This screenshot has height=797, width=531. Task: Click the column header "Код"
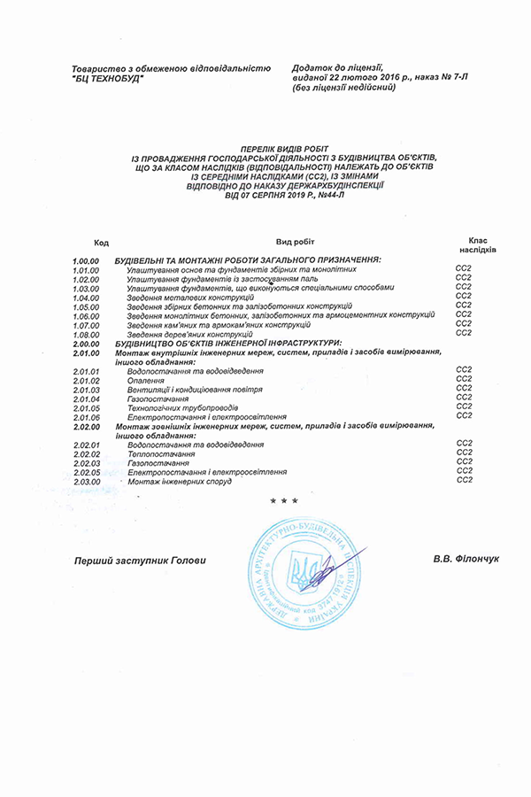(x=102, y=242)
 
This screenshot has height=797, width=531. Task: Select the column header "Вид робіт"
(x=295, y=241)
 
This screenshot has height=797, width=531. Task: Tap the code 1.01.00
(x=87, y=270)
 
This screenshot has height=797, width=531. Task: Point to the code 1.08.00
(x=87, y=334)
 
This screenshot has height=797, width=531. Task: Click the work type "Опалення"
(x=146, y=380)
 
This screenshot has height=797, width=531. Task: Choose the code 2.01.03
(x=87, y=390)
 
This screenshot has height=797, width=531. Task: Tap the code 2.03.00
(x=87, y=482)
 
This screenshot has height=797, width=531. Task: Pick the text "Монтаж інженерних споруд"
(x=180, y=482)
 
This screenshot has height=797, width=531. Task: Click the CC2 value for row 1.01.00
(x=464, y=269)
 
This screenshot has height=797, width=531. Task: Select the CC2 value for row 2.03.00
(x=464, y=480)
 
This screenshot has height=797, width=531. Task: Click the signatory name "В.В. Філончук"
(x=466, y=560)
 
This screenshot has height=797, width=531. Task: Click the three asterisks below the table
(x=283, y=501)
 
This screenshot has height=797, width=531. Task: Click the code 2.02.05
(x=87, y=472)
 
